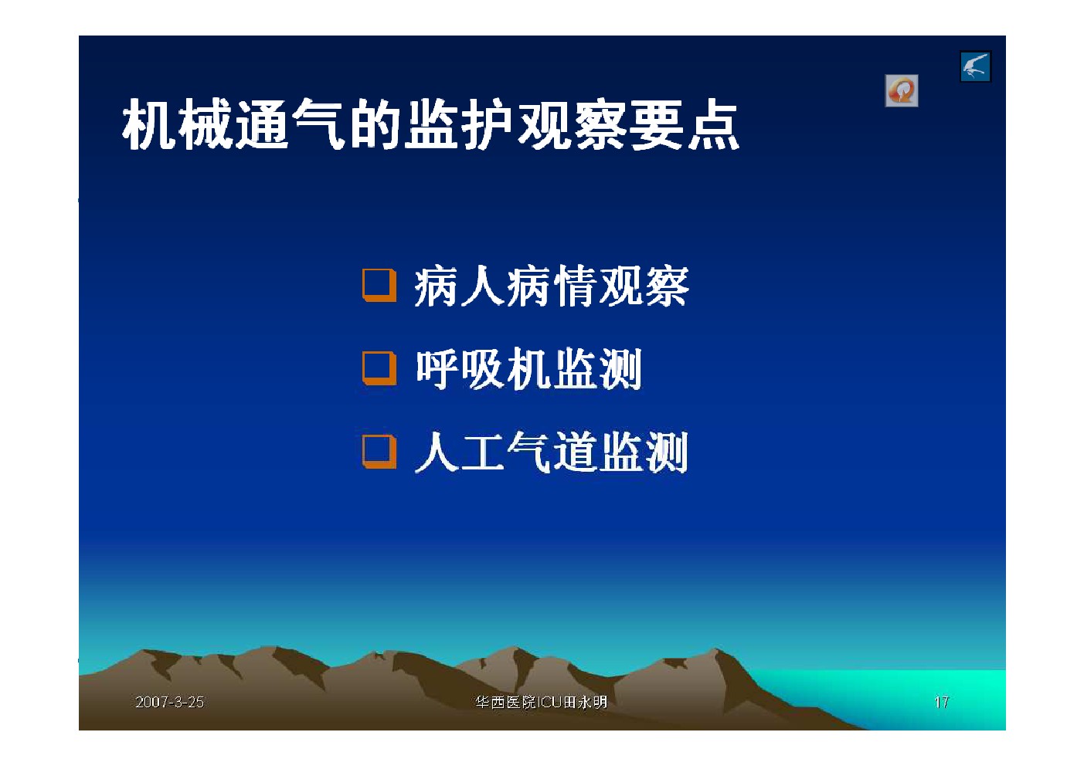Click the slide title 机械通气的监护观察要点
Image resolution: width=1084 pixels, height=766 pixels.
430,125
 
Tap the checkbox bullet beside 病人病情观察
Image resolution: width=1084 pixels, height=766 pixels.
379,285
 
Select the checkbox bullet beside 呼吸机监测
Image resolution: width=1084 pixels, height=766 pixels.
379,368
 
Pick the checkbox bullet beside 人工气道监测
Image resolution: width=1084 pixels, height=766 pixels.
379,452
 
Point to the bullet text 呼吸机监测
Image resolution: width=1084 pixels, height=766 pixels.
529,369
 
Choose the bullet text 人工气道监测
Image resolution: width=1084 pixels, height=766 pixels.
552,452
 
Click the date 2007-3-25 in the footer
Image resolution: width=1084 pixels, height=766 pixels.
170,702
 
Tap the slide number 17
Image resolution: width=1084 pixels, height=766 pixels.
941,702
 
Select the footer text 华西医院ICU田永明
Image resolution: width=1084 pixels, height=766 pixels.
541,702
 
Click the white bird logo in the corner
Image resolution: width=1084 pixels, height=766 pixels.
976,66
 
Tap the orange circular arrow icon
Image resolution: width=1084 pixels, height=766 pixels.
902,90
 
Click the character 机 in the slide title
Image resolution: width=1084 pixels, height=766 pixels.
148,125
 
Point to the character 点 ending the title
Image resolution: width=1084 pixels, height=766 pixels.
714,125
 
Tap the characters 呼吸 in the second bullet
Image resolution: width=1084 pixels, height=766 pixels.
460,369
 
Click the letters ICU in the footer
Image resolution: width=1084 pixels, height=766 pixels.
550,702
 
